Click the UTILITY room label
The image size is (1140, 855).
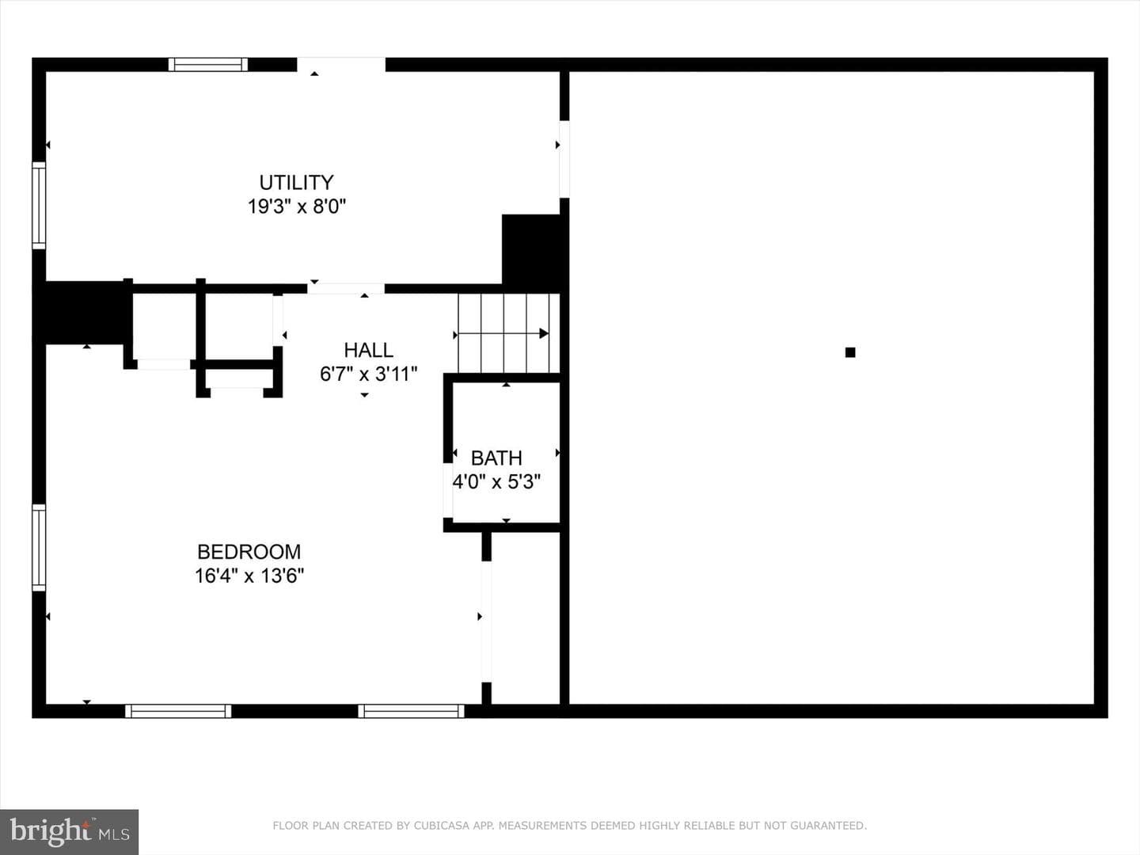coord(296,183)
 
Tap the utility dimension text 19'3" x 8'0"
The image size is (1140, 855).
coord(296,207)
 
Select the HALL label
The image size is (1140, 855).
coord(368,351)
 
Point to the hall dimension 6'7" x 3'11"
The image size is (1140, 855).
coord(368,374)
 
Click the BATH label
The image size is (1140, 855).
coord(496,458)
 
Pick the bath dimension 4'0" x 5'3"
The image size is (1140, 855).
coord(496,482)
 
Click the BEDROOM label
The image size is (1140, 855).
coord(249,551)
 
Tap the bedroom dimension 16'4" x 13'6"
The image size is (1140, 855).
coord(249,576)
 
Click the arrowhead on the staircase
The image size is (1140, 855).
coord(544,333)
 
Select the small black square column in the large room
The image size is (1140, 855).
coord(850,352)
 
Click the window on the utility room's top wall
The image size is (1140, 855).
coord(207,64)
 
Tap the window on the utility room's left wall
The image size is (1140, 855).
coord(39,205)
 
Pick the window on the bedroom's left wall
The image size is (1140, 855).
coord(39,548)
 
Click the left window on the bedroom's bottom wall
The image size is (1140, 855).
coord(178,711)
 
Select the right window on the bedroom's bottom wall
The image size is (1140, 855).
coord(411,711)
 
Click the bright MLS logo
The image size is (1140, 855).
coord(69,831)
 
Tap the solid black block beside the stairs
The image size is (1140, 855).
coord(530,253)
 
